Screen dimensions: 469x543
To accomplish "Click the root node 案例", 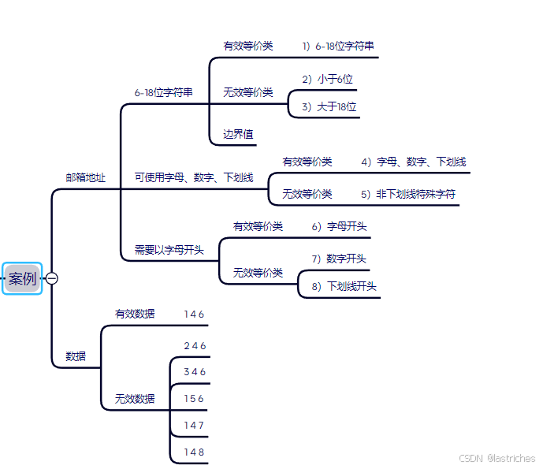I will click(x=22, y=278).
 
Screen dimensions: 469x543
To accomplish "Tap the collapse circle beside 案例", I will click(x=52, y=278).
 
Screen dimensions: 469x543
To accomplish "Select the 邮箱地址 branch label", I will click(x=85, y=178).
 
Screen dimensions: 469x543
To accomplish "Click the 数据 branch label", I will click(x=76, y=356).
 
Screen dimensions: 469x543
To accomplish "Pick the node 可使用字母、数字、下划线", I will click(x=194, y=178).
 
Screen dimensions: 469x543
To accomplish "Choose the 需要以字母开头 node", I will click(x=169, y=251).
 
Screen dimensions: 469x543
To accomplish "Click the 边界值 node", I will click(x=238, y=135).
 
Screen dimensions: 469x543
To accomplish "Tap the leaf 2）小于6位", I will click(x=327, y=79).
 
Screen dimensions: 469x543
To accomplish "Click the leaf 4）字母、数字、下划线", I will click(x=413, y=162).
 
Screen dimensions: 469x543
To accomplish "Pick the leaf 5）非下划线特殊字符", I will click(x=408, y=194).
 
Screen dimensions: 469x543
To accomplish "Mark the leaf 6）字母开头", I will click(x=339, y=226).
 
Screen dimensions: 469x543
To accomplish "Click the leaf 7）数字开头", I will click(x=339, y=259).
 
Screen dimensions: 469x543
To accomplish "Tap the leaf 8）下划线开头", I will click(x=344, y=286).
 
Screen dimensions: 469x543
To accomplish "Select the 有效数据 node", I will click(x=135, y=314).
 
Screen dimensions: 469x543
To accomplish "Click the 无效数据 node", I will click(x=135, y=399).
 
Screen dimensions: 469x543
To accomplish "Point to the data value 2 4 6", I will click(x=194, y=346).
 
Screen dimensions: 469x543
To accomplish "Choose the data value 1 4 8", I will click(x=194, y=452).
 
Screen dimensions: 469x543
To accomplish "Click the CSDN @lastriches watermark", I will click(x=497, y=458).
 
